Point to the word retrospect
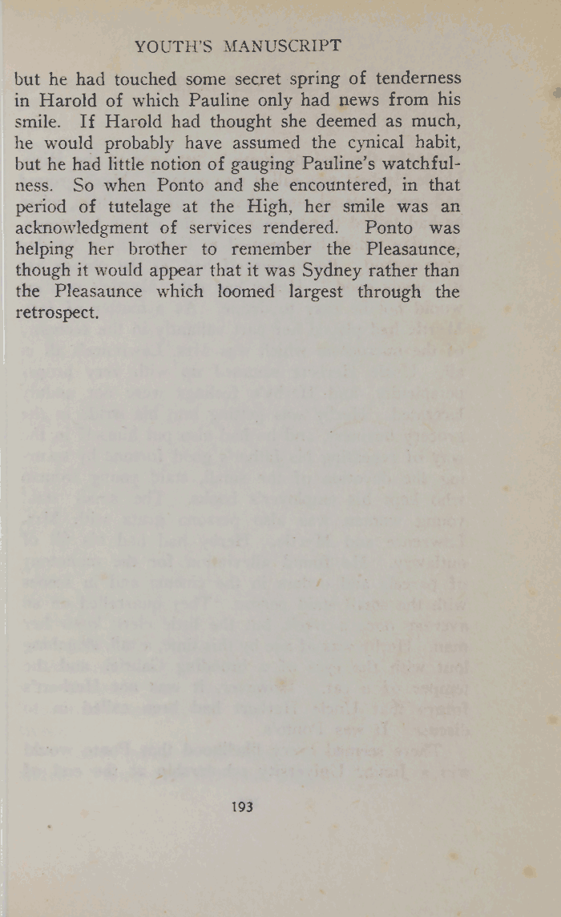tap(57, 313)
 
